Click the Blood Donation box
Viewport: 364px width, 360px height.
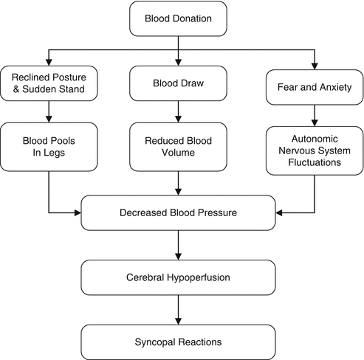[x=178, y=18]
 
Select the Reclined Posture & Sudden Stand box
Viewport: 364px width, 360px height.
[x=49, y=83]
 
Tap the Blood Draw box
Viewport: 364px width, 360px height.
[x=178, y=83]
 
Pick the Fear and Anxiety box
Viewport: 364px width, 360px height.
[x=315, y=87]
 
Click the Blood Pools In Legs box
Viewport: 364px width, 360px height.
[x=49, y=147]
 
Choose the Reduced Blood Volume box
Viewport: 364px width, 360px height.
[x=178, y=147]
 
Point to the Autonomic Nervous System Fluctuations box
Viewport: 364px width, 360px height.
[x=315, y=150]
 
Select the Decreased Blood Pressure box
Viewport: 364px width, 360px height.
[x=178, y=213]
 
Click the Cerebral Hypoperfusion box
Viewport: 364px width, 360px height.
[x=178, y=277]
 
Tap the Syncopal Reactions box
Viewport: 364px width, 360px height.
[x=178, y=342]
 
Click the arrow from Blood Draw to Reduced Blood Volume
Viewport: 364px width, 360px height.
[x=178, y=111]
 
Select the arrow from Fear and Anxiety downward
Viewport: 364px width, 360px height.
[x=315, y=116]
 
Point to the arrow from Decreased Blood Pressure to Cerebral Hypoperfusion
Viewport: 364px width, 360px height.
[x=178, y=245]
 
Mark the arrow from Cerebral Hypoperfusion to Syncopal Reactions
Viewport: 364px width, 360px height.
[x=178, y=310]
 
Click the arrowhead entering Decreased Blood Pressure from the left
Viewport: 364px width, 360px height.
[x=78, y=213]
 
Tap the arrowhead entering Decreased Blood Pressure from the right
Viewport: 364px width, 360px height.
[x=279, y=213]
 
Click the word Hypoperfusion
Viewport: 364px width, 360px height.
[x=199, y=277]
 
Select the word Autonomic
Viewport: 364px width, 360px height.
[x=315, y=139]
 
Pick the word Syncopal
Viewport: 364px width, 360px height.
[x=155, y=342]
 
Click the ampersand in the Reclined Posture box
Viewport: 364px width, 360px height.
[x=16, y=89]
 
